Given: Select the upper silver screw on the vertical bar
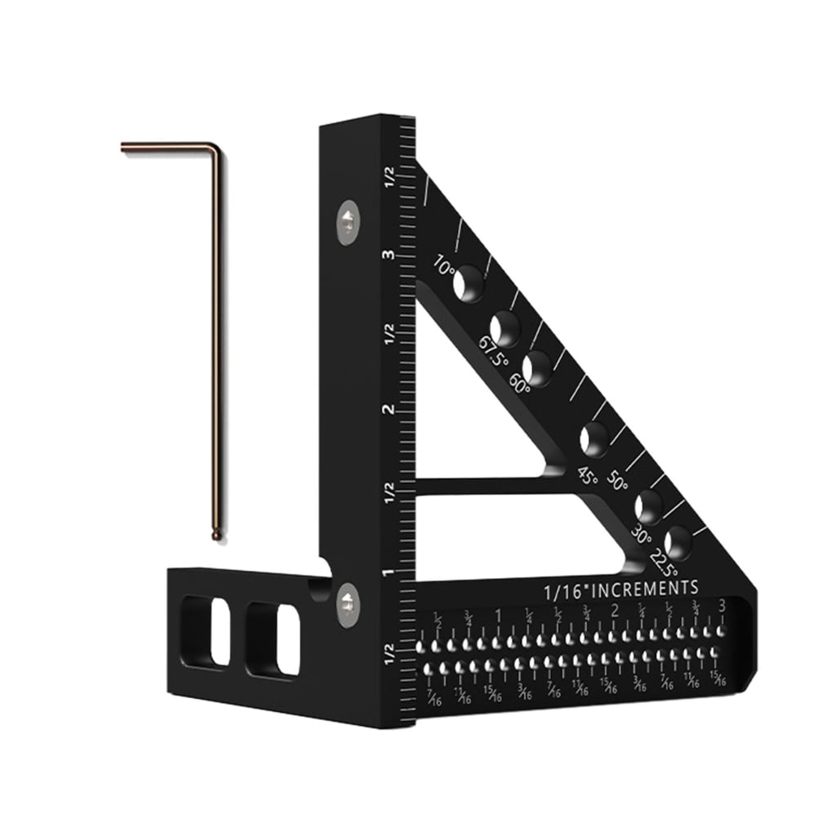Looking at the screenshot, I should [x=349, y=220].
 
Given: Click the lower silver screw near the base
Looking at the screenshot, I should [x=349, y=605].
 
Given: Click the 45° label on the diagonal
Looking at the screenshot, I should [x=588, y=475].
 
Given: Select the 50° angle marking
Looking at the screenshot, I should [x=618, y=483].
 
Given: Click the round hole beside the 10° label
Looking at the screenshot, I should [x=468, y=284].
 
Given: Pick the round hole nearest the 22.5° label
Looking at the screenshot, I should [x=678, y=542].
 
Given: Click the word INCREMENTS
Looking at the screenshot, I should [x=650, y=588].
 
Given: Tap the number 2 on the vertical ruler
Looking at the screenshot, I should [x=390, y=409].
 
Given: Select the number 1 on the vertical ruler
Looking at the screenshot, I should [x=390, y=571].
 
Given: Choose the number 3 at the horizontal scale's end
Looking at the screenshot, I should [x=722, y=606].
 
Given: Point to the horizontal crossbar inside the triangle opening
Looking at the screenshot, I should [x=482, y=485].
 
